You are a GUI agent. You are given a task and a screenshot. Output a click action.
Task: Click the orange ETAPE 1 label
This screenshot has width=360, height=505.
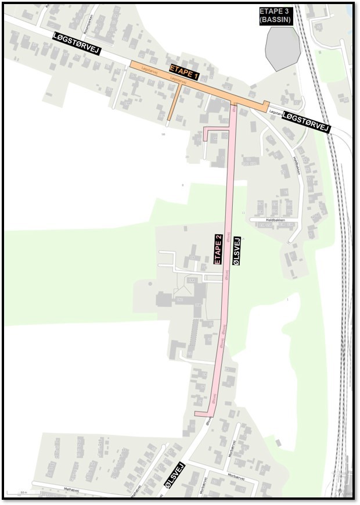click(x=184, y=72)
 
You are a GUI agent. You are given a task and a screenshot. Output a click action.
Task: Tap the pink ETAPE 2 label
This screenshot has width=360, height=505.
click(x=218, y=249)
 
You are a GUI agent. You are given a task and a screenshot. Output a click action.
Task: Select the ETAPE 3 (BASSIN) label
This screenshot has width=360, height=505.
click(x=276, y=15)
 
